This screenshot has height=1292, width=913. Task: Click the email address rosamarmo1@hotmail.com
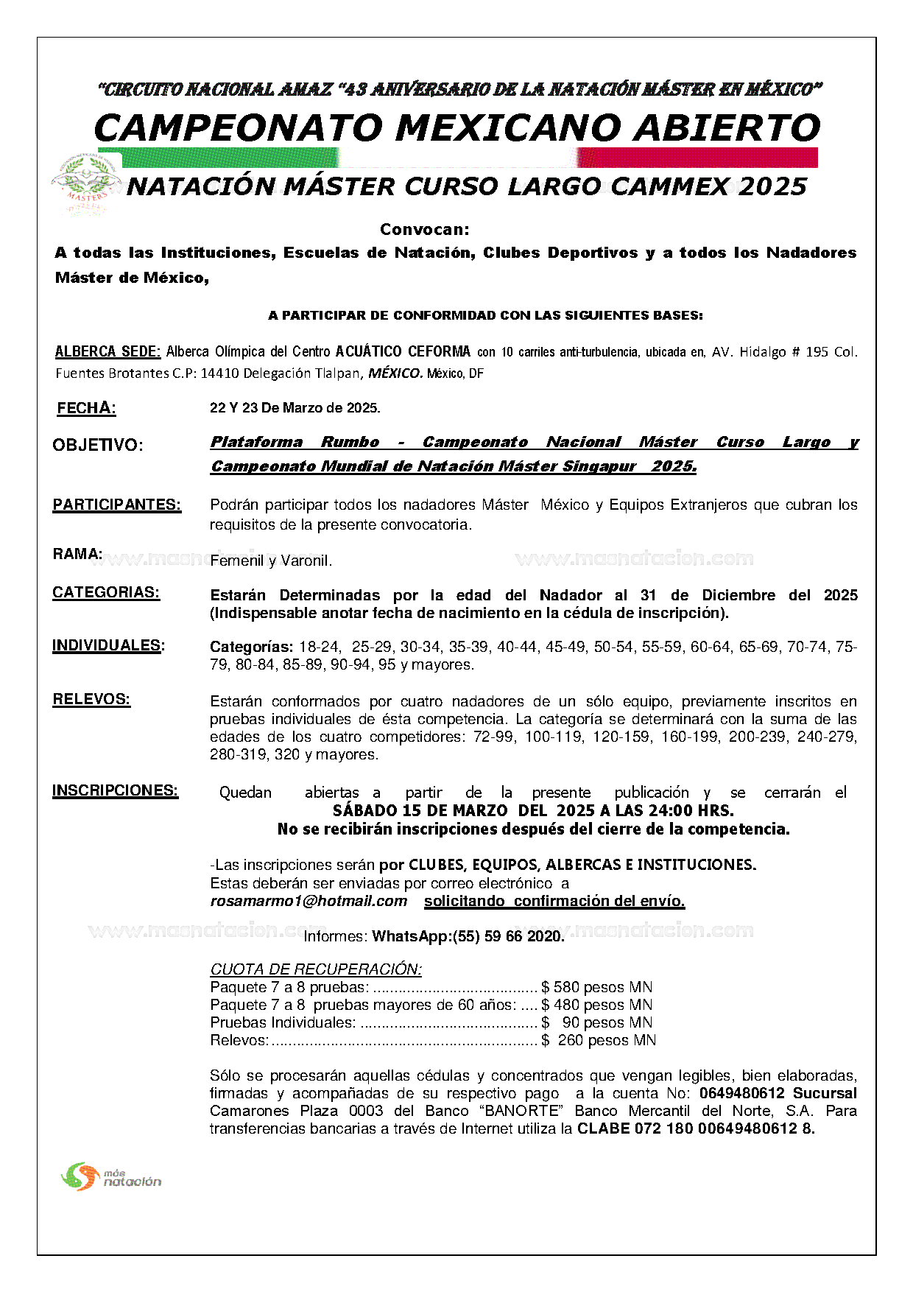[x=309, y=901]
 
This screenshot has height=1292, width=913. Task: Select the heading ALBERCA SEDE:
[x=107, y=351]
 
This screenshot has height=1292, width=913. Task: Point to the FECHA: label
[x=86, y=408]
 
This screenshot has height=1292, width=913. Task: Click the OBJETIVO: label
[x=97, y=445]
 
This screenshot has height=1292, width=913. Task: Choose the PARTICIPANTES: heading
[x=116, y=505]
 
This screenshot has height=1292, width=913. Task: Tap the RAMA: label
[x=77, y=554]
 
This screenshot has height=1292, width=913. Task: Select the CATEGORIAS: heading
[x=106, y=592]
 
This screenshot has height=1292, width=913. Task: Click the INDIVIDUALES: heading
[x=108, y=646]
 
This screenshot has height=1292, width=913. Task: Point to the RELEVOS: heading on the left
[x=91, y=699]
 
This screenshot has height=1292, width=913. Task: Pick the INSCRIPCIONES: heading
[x=115, y=790]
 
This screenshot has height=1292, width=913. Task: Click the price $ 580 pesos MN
[x=596, y=987]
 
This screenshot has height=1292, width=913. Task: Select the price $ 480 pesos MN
[x=596, y=1005]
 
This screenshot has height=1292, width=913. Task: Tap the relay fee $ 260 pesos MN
[x=599, y=1040]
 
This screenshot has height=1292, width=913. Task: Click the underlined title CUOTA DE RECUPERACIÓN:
[x=316, y=969]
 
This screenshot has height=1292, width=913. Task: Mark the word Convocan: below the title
[x=425, y=229]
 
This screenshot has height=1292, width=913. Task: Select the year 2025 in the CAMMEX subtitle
[x=772, y=186]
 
